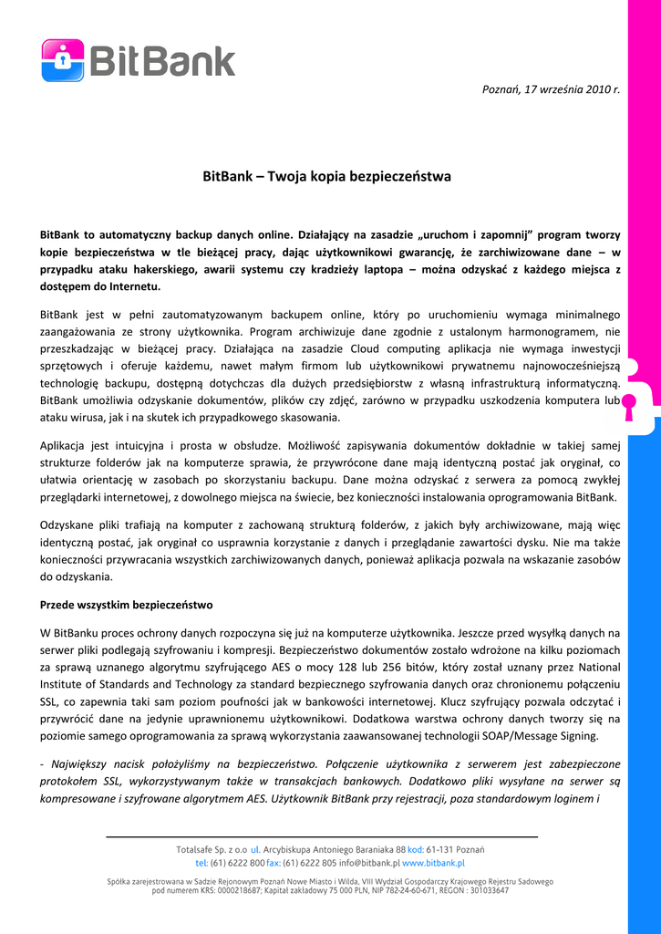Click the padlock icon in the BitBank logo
(x=63, y=60)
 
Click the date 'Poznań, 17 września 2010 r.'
(x=550, y=88)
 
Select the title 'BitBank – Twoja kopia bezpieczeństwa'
(x=326, y=176)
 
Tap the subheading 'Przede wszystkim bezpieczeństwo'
(x=126, y=604)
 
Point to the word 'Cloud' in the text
(x=365, y=348)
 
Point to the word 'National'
(x=599, y=667)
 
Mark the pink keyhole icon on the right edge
(x=629, y=403)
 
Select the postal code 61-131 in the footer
(x=441, y=849)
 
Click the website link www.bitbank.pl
(x=434, y=862)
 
